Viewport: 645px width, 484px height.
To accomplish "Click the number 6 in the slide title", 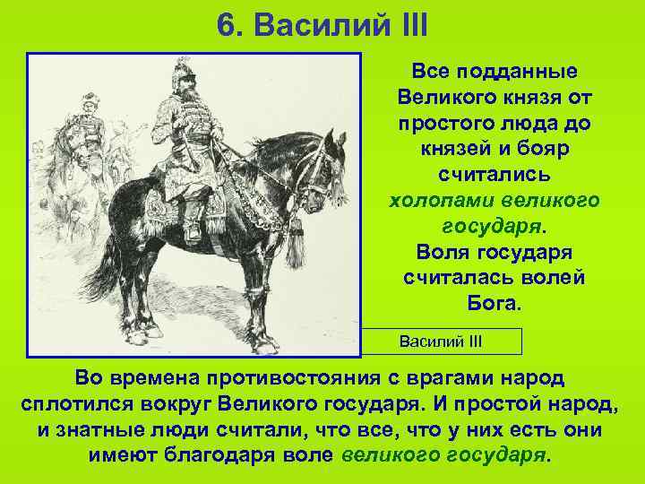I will click(225, 24).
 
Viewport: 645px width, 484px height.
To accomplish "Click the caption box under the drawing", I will click(440, 341).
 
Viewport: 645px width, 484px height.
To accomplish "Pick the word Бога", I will click(493, 303).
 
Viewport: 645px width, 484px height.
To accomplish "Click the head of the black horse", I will click(318, 170).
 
